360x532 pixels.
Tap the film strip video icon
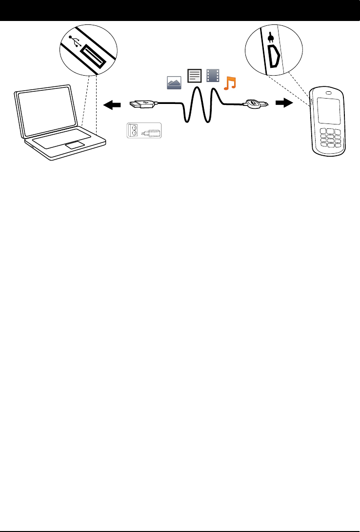point(213,76)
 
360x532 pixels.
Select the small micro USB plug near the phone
point(256,103)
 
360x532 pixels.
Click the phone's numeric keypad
point(331,138)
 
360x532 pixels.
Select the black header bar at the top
point(180,10)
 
